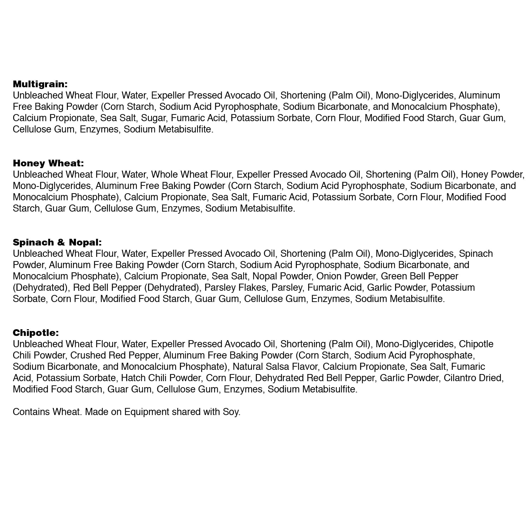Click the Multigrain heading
click(x=40, y=84)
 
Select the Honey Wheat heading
click(x=48, y=163)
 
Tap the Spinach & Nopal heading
click(x=57, y=242)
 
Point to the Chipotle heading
click(x=36, y=333)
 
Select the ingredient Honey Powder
click(x=492, y=174)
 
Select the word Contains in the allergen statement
click(x=31, y=412)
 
